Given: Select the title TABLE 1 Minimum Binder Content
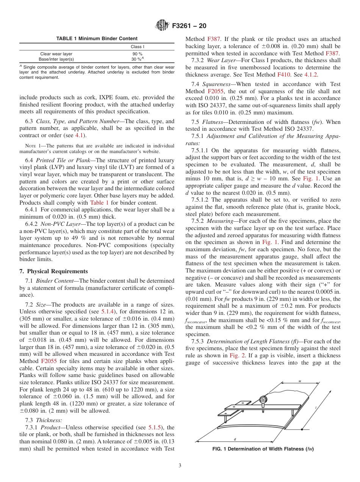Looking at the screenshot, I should pos(97,39).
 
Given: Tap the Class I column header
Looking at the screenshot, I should pos(137,47).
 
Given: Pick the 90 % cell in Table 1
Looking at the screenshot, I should pos(137,54).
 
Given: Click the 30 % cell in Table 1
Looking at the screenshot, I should pos(138,59).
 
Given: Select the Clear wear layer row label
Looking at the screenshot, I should pos(56,54).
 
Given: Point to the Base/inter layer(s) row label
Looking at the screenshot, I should pos(56,59).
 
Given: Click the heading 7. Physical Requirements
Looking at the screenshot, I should pos(53,271).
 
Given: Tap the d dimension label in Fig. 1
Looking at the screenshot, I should pos(235,439).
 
